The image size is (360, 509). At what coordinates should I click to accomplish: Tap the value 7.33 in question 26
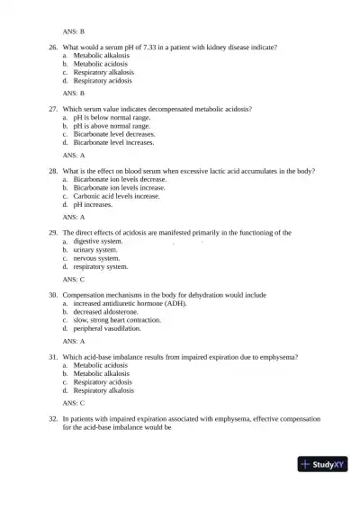tap(148, 47)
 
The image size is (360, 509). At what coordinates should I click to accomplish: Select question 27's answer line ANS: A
tap(74, 155)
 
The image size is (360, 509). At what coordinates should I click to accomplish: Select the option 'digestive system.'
tap(98, 241)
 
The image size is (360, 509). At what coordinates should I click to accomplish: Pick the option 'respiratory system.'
tap(101, 266)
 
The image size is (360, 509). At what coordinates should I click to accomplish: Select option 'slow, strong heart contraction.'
tap(118, 320)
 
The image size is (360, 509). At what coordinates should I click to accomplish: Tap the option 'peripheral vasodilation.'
tap(107, 329)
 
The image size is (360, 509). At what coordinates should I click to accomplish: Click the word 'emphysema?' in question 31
tap(281, 357)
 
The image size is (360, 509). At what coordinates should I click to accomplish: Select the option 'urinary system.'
tap(94, 250)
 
